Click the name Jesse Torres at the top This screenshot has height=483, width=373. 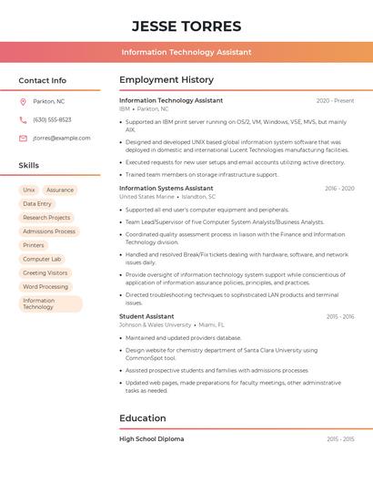[x=186, y=26]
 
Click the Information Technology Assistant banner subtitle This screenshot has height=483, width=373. [x=186, y=52]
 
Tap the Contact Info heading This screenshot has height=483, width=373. [x=43, y=80]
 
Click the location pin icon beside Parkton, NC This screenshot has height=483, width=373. [x=23, y=101]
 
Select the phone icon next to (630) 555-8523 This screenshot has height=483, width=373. [x=23, y=119]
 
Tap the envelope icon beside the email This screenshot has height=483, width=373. [x=23, y=139]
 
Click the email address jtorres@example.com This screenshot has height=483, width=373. [x=62, y=139]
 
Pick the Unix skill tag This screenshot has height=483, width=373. [x=29, y=190]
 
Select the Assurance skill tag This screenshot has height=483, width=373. [x=60, y=190]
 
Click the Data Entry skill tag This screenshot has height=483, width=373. [x=37, y=204]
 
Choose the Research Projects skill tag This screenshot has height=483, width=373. [x=46, y=218]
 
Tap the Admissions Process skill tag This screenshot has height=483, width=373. [x=49, y=231]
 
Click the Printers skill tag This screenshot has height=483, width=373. [x=34, y=245]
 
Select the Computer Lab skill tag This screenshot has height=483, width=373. [x=42, y=259]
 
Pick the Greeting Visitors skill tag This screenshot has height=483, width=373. [x=45, y=272]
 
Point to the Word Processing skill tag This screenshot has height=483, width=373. [x=45, y=286]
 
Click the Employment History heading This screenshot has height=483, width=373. [x=166, y=80]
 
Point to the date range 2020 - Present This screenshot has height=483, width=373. [x=335, y=101]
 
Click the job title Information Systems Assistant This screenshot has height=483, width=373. [x=166, y=189]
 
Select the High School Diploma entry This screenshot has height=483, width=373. [x=152, y=439]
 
